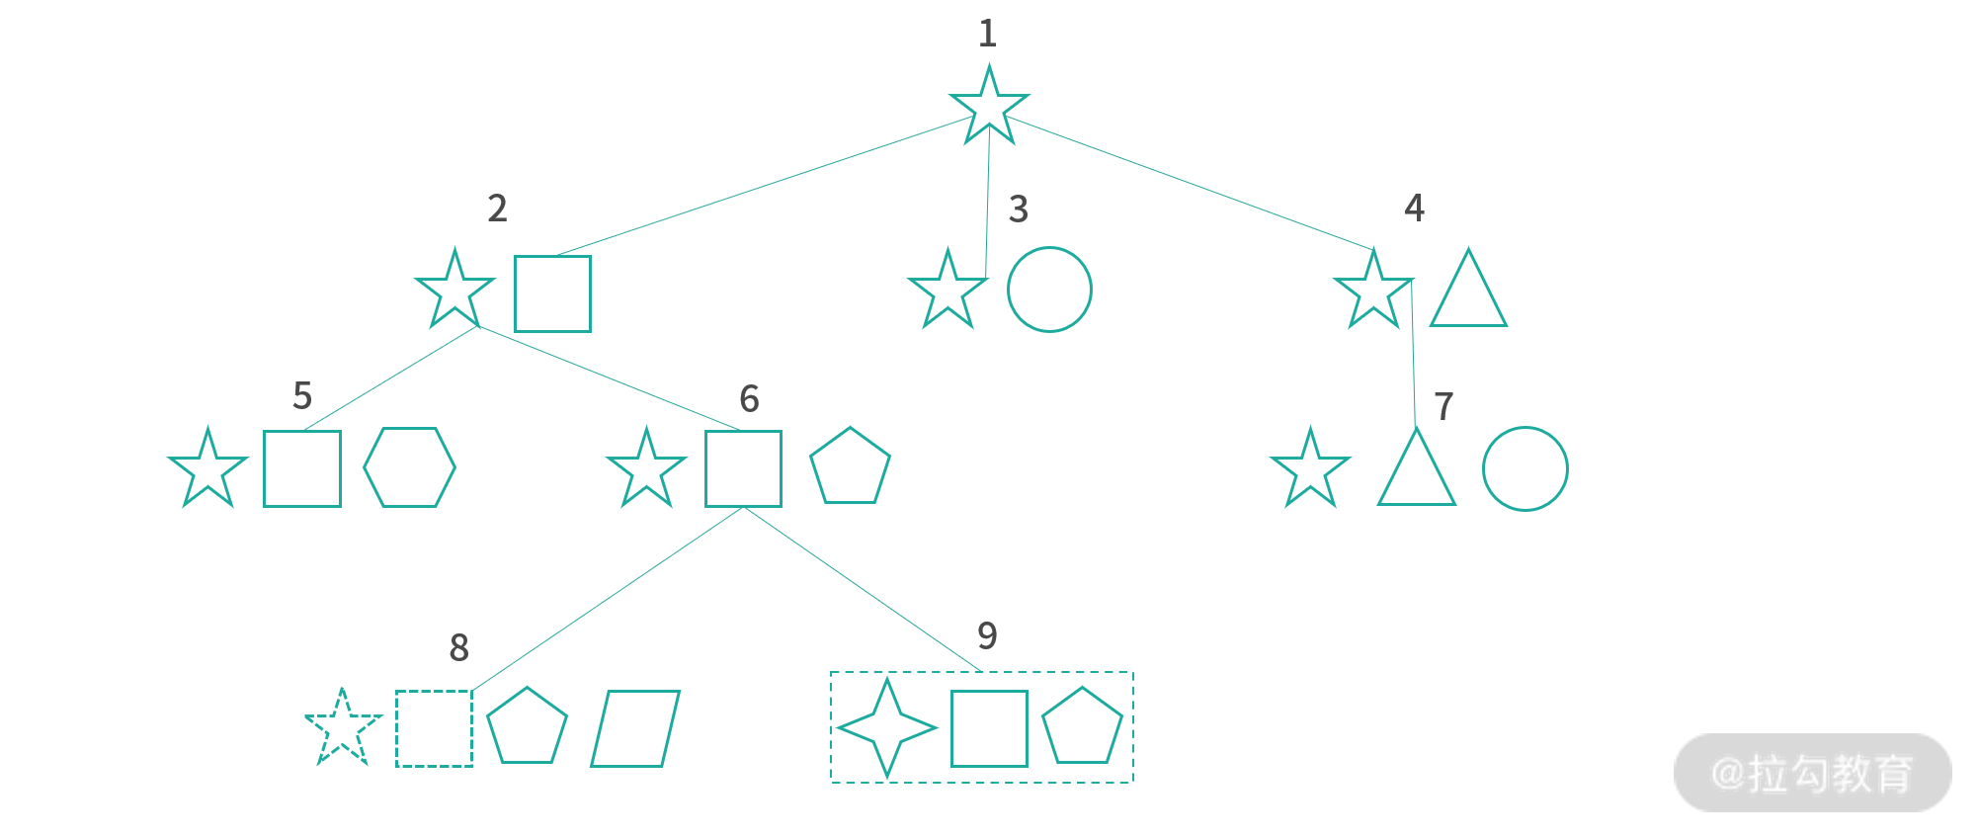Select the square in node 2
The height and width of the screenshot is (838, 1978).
pyautogui.click(x=552, y=293)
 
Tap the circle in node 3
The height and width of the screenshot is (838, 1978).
pyautogui.click(x=1049, y=290)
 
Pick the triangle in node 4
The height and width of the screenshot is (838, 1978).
pyautogui.click(x=1468, y=294)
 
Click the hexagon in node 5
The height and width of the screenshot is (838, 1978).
pyautogui.click(x=409, y=467)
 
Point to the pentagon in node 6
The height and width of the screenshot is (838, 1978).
pyautogui.click(x=850, y=468)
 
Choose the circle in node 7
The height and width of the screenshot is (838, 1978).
pyautogui.click(x=1525, y=468)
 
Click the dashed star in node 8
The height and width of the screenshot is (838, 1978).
pyautogui.click(x=342, y=729)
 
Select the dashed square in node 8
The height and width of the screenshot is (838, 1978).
pyautogui.click(x=434, y=728)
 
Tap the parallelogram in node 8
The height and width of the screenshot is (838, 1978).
pyautogui.click(x=635, y=728)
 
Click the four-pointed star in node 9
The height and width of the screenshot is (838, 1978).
pyautogui.click(x=886, y=728)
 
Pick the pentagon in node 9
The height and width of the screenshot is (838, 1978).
pyautogui.click(x=1082, y=728)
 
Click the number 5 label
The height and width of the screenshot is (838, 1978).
pyautogui.click(x=302, y=396)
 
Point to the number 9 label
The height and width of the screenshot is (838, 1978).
pyautogui.click(x=987, y=635)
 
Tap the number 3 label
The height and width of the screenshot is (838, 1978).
pyautogui.click(x=1019, y=209)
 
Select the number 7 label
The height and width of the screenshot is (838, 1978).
pyautogui.click(x=1443, y=407)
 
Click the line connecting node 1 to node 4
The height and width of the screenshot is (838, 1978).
pyautogui.click(x=1186, y=183)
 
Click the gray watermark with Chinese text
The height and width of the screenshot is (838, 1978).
pyautogui.click(x=1812, y=773)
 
